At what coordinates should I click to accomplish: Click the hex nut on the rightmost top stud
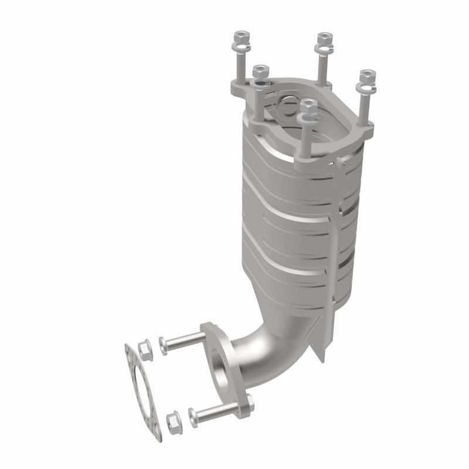(367, 76)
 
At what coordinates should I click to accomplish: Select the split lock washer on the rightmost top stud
(366, 89)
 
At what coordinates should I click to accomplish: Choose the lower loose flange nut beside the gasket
(173, 420)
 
